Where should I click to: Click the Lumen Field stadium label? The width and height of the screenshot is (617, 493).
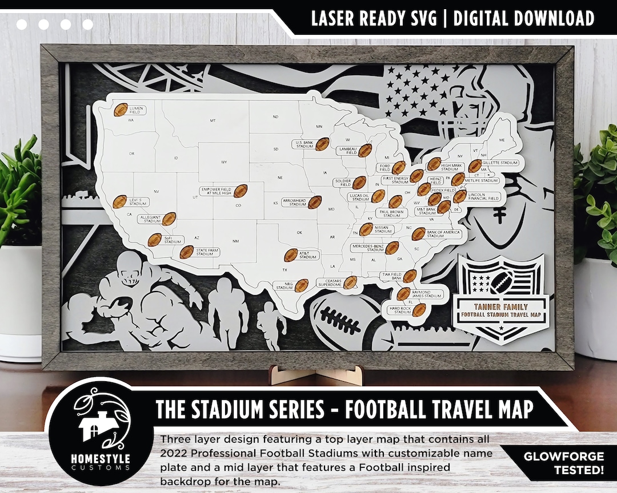pos(136,110)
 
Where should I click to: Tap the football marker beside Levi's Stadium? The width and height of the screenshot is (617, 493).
pos(120,201)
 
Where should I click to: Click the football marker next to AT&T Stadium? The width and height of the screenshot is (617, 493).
pos(291,255)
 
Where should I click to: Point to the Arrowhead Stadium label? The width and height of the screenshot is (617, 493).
pos(294,202)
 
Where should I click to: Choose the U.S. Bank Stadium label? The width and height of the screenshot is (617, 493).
pos(304,144)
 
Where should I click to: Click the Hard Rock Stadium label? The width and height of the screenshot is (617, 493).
pos(400,310)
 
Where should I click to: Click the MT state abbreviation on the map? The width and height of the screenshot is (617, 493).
pos(213,121)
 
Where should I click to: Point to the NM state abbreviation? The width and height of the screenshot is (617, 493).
pos(235,241)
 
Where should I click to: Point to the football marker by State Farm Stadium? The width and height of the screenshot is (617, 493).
pos(186,252)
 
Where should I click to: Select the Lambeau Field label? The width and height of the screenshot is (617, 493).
pos(347,151)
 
